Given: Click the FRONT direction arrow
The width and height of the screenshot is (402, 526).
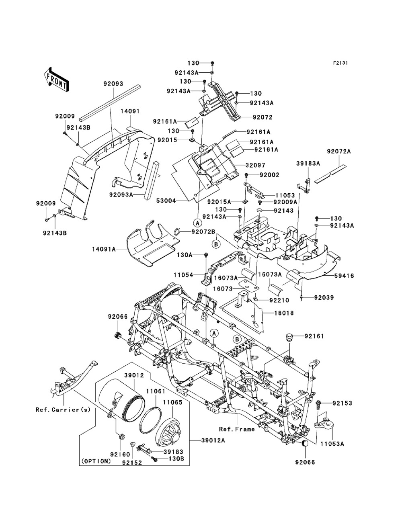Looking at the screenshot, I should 56,78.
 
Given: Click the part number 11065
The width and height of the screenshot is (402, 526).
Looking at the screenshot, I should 172,390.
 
